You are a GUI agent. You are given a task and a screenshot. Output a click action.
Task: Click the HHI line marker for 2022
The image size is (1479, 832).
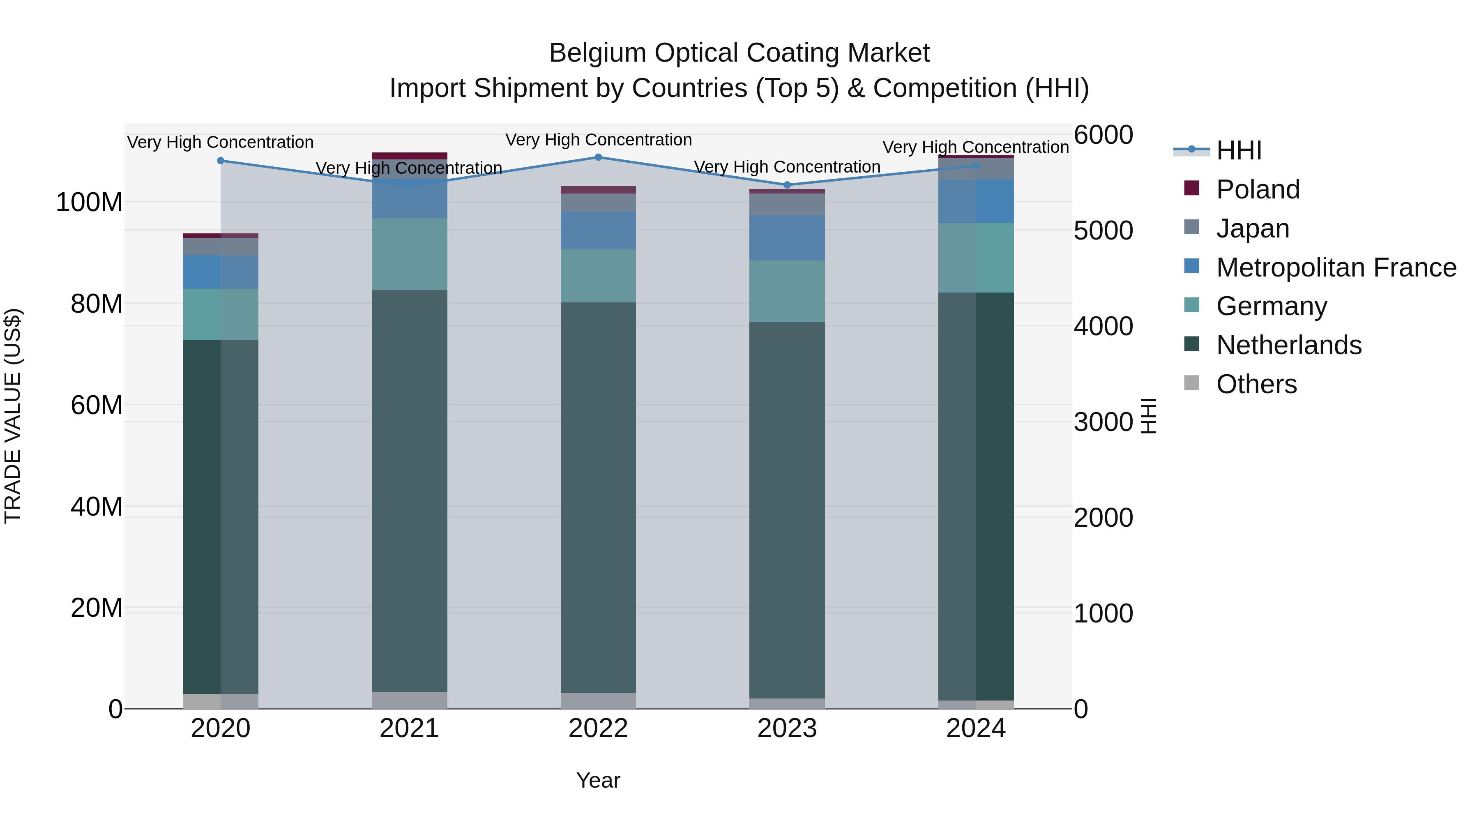point(598,157)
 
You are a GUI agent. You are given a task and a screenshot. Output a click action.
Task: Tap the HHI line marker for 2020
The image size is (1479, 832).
point(221,161)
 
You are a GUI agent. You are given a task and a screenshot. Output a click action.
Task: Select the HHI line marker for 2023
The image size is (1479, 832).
point(787,185)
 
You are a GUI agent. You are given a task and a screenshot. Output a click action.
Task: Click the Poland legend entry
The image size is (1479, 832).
point(1258,189)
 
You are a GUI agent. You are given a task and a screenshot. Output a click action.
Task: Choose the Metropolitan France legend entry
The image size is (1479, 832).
point(1336,267)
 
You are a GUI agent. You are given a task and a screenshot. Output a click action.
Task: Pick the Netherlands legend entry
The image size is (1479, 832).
point(1288,345)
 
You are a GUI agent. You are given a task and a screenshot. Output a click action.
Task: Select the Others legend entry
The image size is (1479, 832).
point(1256,384)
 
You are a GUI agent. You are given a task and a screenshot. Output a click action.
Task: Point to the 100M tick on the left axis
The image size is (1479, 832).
point(89,203)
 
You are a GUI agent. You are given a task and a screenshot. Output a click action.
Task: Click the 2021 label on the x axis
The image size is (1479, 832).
point(409,728)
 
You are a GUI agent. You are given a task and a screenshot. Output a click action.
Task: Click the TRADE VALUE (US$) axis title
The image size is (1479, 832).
point(13,416)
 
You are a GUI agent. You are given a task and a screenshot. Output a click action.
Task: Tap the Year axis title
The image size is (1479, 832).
point(598,780)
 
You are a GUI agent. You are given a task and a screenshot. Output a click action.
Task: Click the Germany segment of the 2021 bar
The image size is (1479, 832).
point(409,254)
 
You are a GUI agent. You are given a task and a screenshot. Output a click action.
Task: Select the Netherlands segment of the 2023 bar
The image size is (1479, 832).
point(787,510)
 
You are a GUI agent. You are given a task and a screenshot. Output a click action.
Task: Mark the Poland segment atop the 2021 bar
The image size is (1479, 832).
point(409,156)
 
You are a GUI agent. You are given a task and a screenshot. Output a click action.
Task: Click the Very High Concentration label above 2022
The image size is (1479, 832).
point(598,140)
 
